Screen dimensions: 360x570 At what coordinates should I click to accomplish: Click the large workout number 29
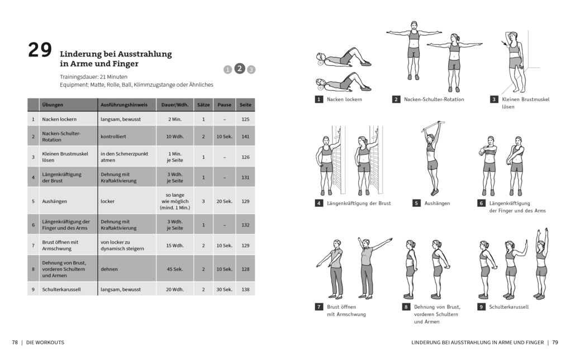40,51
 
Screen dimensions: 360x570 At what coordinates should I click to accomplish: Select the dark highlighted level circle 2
239,68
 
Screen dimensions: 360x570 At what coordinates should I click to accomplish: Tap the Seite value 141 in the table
245,136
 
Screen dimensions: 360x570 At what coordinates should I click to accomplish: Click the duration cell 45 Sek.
174,269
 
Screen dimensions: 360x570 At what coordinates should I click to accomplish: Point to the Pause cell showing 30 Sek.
224,289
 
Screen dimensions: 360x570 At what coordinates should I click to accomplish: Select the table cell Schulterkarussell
62,289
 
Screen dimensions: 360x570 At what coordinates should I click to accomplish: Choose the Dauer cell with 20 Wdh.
174,289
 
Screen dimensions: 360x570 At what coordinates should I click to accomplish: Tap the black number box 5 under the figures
416,203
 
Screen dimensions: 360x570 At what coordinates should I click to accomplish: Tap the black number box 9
481,307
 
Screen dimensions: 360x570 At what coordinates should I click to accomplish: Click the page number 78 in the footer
15,342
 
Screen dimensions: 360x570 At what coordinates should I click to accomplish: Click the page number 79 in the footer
555,342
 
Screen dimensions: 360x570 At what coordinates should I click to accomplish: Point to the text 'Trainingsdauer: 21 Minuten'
93,77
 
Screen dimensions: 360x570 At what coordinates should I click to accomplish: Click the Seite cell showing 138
245,289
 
